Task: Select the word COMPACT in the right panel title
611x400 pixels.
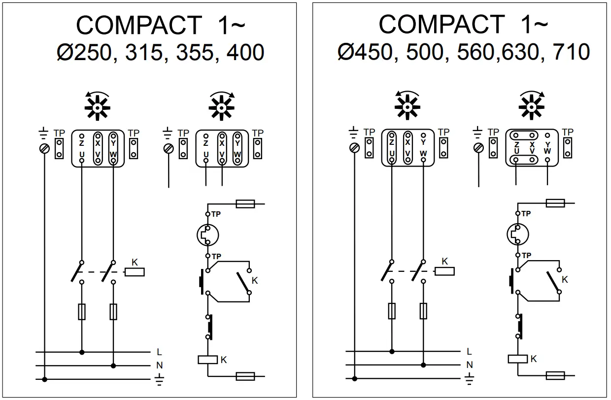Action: (441, 24)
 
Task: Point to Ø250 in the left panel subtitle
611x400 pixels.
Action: (83, 53)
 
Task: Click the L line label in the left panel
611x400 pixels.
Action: (159, 352)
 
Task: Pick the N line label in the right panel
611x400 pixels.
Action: (469, 366)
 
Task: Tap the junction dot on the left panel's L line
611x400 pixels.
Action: (82, 352)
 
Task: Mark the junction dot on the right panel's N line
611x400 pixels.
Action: (423, 366)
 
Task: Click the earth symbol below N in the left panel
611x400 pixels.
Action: (159, 379)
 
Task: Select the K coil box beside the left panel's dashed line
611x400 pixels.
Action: (135, 271)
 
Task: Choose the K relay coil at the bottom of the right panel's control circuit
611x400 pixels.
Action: (518, 359)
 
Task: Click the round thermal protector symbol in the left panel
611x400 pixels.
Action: (207, 235)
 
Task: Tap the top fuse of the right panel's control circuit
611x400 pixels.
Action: (556, 203)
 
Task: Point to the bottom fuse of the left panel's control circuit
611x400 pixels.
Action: (245, 376)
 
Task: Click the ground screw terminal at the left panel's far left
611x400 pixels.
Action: (45, 148)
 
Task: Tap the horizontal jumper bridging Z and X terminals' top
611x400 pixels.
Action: (523, 135)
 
